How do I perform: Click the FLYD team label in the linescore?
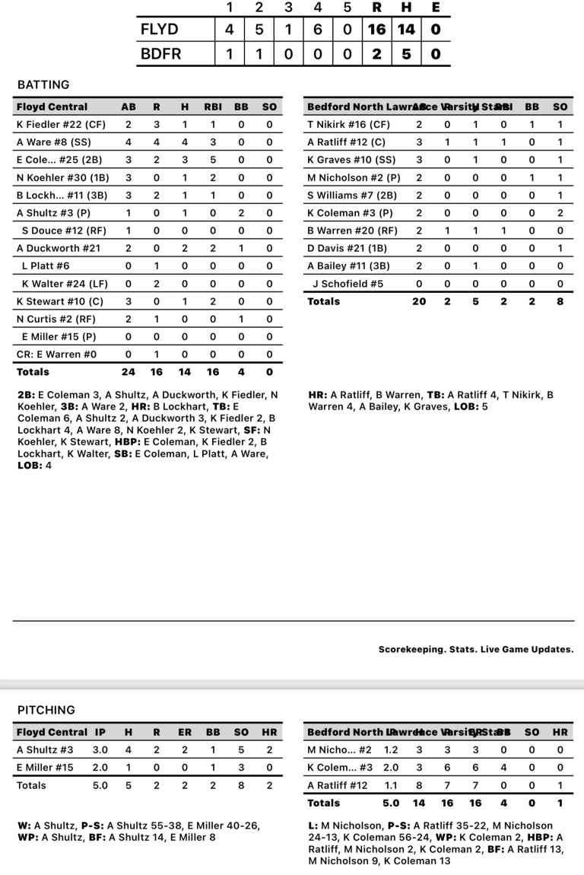(x=159, y=30)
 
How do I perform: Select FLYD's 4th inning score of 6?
(x=317, y=30)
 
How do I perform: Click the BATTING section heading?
(x=43, y=84)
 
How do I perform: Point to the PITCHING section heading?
(x=46, y=710)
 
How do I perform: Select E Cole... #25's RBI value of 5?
(x=212, y=160)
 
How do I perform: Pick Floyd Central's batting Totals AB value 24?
(x=129, y=372)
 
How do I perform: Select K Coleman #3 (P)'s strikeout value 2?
(x=560, y=213)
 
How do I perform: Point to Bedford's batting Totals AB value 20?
(x=419, y=301)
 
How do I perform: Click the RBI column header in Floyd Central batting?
(x=212, y=107)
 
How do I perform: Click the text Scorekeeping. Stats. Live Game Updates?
(x=476, y=650)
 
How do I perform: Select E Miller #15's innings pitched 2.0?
(x=100, y=768)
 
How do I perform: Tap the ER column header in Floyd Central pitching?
(x=185, y=732)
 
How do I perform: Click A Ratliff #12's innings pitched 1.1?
(x=391, y=785)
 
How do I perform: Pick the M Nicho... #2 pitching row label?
(x=339, y=750)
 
